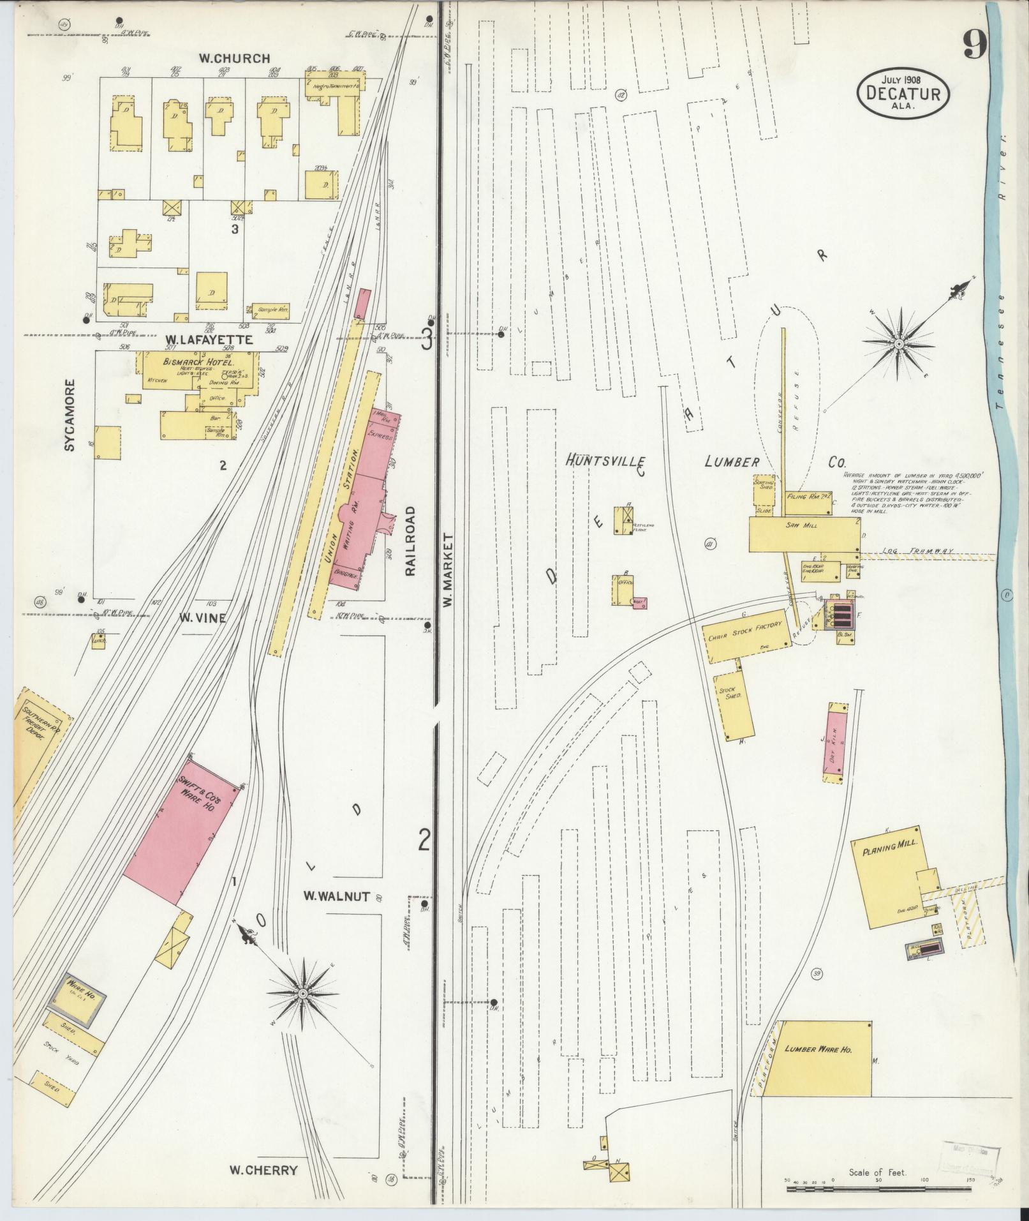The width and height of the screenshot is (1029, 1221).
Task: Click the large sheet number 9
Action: click(974, 45)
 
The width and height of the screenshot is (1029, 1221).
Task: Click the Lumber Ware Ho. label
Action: click(818, 1049)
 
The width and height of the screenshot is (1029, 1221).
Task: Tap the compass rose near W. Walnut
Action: click(303, 1012)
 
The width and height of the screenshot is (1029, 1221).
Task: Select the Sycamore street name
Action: click(70, 416)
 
